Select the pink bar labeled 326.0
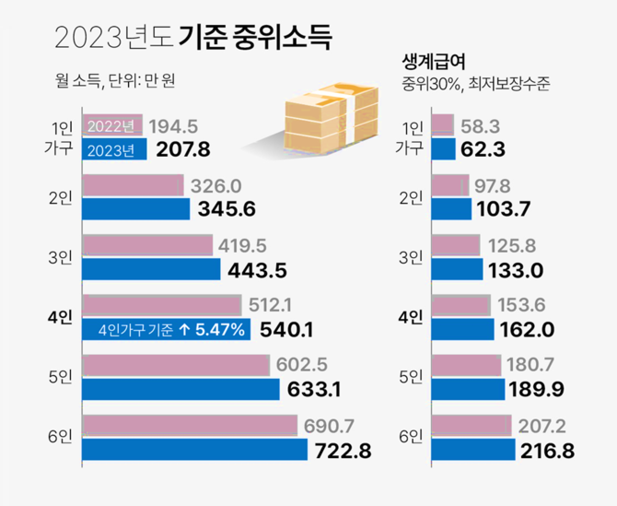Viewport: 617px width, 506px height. click(x=134, y=185)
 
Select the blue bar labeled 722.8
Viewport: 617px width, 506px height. click(x=194, y=449)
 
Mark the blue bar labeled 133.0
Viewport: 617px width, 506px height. click(x=457, y=269)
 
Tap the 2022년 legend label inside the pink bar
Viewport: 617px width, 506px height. click(x=111, y=126)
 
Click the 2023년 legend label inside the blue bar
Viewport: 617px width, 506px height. click(x=111, y=148)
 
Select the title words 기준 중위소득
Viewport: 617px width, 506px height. click(x=252, y=37)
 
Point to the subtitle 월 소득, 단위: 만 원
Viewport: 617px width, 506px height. click(x=115, y=80)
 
